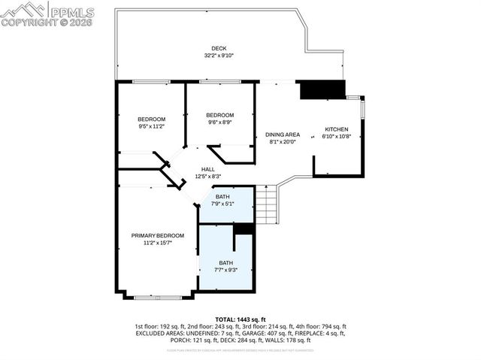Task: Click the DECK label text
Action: coord(219,49)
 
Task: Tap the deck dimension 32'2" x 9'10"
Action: coord(219,56)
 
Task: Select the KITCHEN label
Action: coord(336,129)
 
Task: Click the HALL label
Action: coord(207,170)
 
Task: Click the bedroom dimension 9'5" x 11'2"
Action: coord(151,126)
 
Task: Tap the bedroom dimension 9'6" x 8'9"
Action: coord(220,122)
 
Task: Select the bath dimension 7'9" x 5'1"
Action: coord(226,203)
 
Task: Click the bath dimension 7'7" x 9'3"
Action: coord(225,269)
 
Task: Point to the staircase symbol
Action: coord(265,204)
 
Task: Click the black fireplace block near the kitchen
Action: coord(322,89)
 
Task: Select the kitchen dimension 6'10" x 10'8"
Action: coord(336,136)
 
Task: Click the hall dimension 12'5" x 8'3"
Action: coord(207,177)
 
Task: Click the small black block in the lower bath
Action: coord(243,240)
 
